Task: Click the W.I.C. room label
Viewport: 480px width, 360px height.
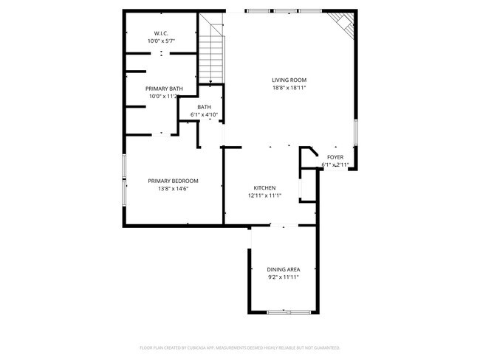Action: click(161, 33)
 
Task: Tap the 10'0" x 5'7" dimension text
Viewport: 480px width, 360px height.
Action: click(161, 41)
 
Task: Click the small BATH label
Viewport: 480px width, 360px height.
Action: click(204, 107)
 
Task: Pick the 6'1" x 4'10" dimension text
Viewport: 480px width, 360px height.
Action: click(204, 115)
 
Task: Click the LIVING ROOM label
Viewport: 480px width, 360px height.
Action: click(289, 80)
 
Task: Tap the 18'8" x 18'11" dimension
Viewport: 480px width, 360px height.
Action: click(289, 88)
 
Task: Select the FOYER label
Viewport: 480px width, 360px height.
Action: click(335, 157)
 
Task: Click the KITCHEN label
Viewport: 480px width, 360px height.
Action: click(264, 187)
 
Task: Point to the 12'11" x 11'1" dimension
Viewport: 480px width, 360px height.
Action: click(264, 195)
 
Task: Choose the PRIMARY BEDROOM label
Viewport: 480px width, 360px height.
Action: click(173, 181)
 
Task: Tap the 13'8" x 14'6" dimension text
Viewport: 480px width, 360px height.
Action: click(173, 189)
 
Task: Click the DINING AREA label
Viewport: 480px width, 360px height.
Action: click(284, 269)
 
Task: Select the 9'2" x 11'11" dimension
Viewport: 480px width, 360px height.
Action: click(284, 277)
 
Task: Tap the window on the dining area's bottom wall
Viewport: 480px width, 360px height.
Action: click(284, 313)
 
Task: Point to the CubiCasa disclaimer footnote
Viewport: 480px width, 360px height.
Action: click(239, 347)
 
